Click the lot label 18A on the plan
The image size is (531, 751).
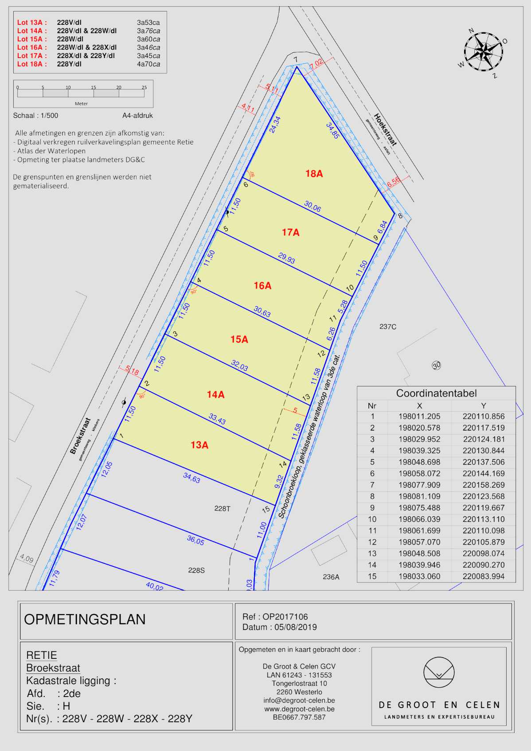pos(314,174)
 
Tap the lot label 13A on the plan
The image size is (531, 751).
pos(199,445)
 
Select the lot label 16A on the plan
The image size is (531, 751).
pos(262,286)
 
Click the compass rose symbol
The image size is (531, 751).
pos(484,51)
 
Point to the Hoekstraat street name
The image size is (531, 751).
pos(385,129)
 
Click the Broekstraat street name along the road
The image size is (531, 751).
pos(80,436)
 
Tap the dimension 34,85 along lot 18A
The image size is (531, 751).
pos(332,131)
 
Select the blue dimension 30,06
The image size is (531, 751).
pos(312,206)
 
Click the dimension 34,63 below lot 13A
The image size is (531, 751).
pos(191,478)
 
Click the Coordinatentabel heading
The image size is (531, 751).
pos(436,393)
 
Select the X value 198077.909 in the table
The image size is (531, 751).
pos(419,485)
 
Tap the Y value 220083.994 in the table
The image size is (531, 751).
pos(483,576)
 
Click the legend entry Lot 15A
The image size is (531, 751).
pos(32,39)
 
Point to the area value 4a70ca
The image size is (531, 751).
pos(148,64)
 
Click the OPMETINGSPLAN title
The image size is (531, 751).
pos(85,619)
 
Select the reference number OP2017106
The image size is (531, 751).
pos(285,616)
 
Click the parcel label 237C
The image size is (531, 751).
pos(388,327)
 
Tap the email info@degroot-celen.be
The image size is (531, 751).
pos(299,700)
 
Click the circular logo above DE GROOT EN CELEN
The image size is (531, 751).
pos(438,672)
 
